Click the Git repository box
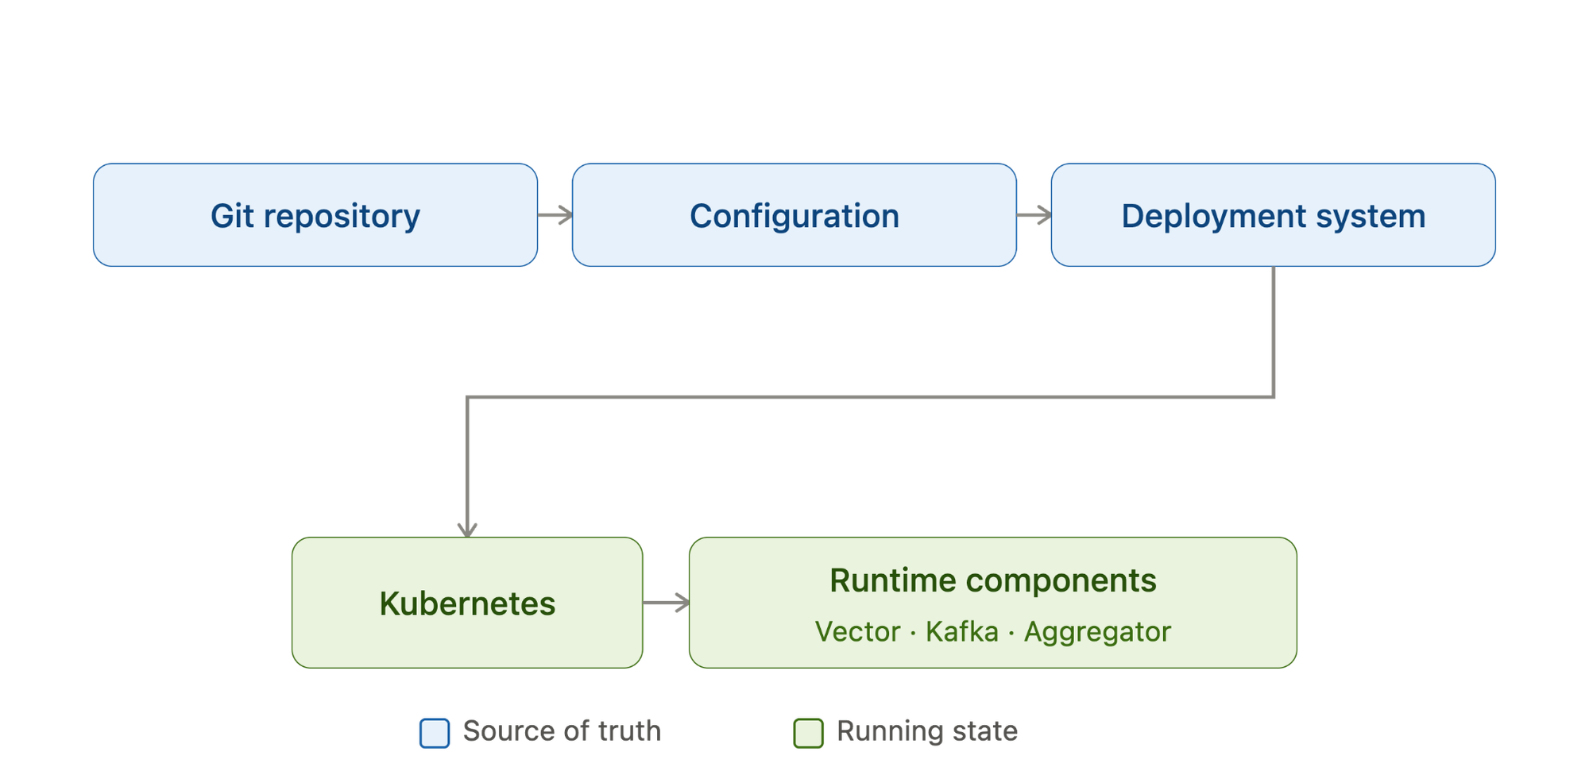pyautogui.click(x=315, y=215)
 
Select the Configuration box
pyautogui.click(x=794, y=215)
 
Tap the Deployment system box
pyautogui.click(x=1274, y=215)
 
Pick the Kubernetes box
pyautogui.click(x=467, y=603)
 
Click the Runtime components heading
pyautogui.click(x=993, y=580)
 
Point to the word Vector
pyautogui.click(x=858, y=632)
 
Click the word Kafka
pyautogui.click(x=962, y=632)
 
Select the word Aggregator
pyautogui.click(x=1097, y=633)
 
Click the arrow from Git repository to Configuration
pyautogui.click(x=555, y=215)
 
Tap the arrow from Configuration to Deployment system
pyautogui.click(x=1034, y=215)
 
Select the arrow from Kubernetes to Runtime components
pyautogui.click(x=666, y=603)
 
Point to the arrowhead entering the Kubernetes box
pyautogui.click(x=467, y=530)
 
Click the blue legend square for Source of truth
pyautogui.click(x=435, y=733)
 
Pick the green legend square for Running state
pyautogui.click(x=808, y=733)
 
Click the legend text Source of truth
pyautogui.click(x=562, y=731)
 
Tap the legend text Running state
pyautogui.click(x=927, y=731)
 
